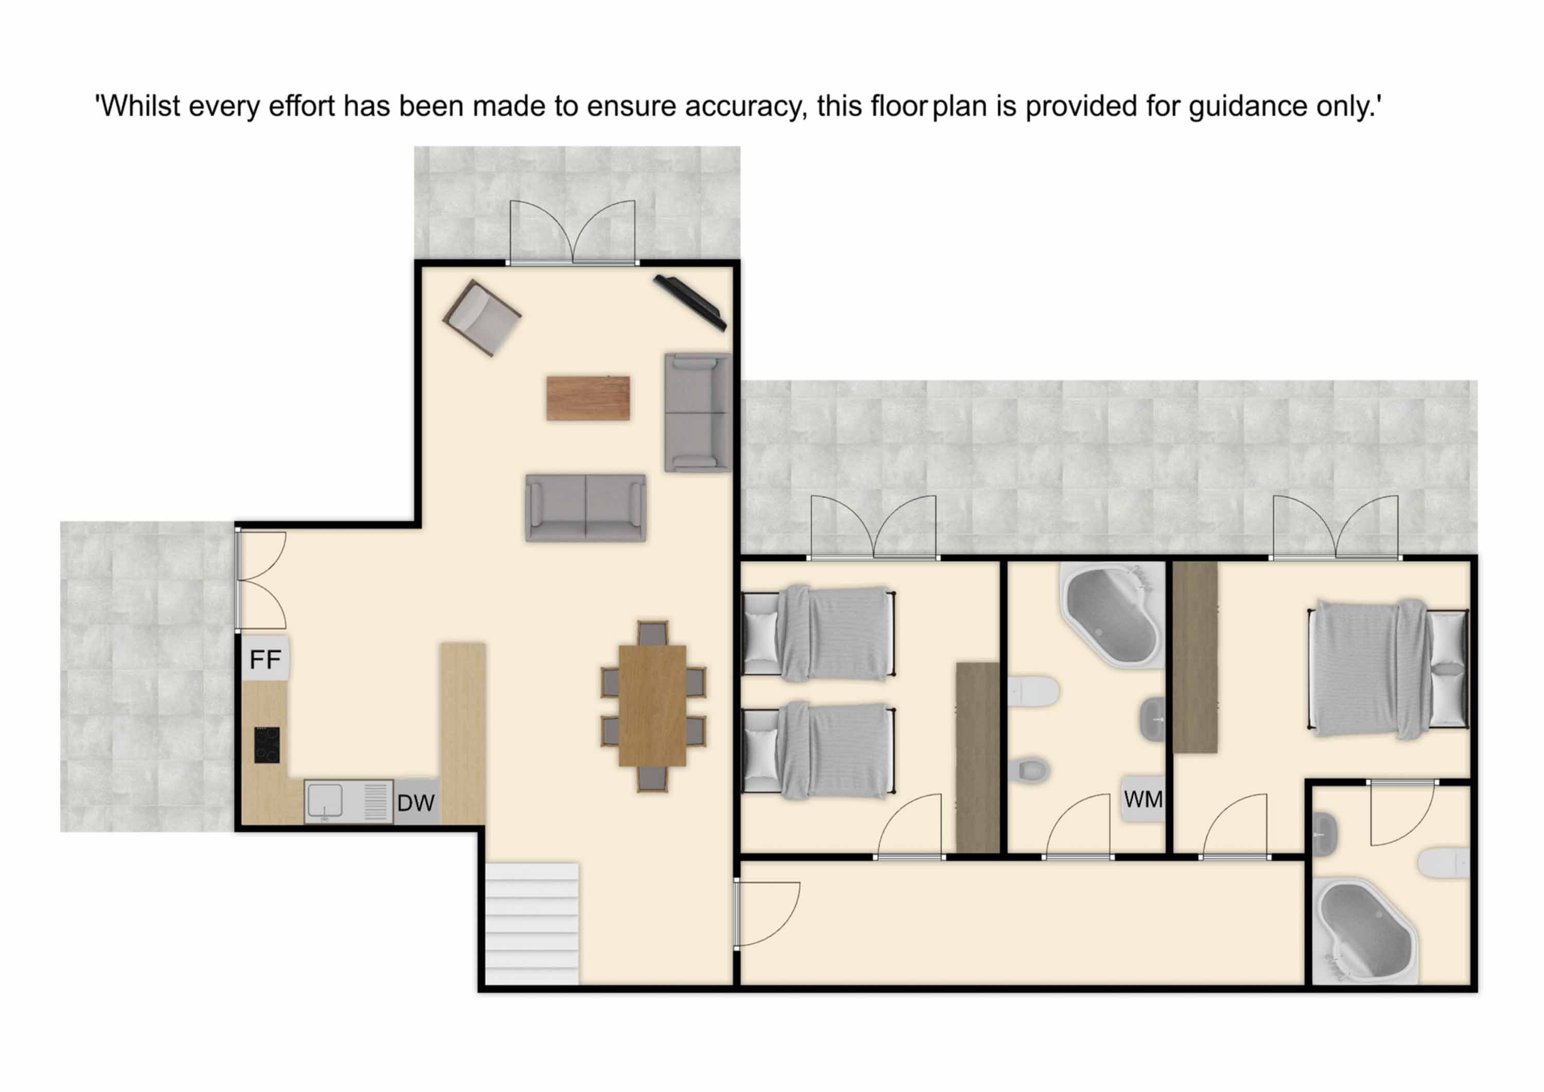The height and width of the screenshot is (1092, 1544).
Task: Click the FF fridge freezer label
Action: coord(265,660)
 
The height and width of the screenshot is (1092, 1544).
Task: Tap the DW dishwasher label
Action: coord(415,803)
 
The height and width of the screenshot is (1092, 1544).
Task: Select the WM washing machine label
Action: coord(1143,800)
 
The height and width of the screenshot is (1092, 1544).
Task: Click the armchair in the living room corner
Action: coord(482,318)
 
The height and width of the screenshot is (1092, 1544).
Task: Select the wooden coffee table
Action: coord(588,398)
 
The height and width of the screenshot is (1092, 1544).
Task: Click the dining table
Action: coord(652,706)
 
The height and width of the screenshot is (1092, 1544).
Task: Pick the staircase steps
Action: coord(532,924)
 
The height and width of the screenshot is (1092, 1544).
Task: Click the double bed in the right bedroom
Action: coord(1388,669)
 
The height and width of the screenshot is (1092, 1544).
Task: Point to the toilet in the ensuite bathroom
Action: coord(1444,862)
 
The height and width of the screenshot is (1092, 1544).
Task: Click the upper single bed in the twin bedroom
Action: coord(818,633)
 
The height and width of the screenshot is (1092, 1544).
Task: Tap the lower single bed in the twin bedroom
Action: coord(818,750)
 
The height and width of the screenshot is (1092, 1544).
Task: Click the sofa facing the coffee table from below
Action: coord(586,508)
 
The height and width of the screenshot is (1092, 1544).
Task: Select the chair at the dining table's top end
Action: coord(652,633)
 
